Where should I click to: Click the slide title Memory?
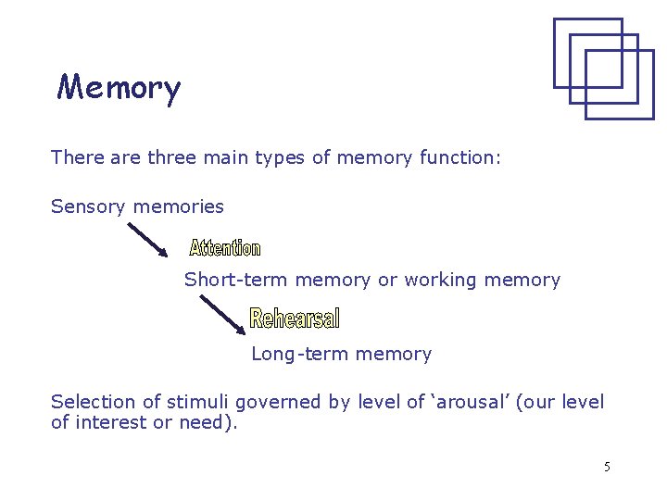coord(119,89)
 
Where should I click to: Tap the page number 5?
coord(607,467)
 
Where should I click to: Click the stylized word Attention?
coord(225,248)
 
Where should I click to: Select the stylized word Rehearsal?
coord(295,319)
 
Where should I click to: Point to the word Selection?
coord(93,402)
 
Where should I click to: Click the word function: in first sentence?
coord(459,157)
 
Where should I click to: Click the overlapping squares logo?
coord(603,68)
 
